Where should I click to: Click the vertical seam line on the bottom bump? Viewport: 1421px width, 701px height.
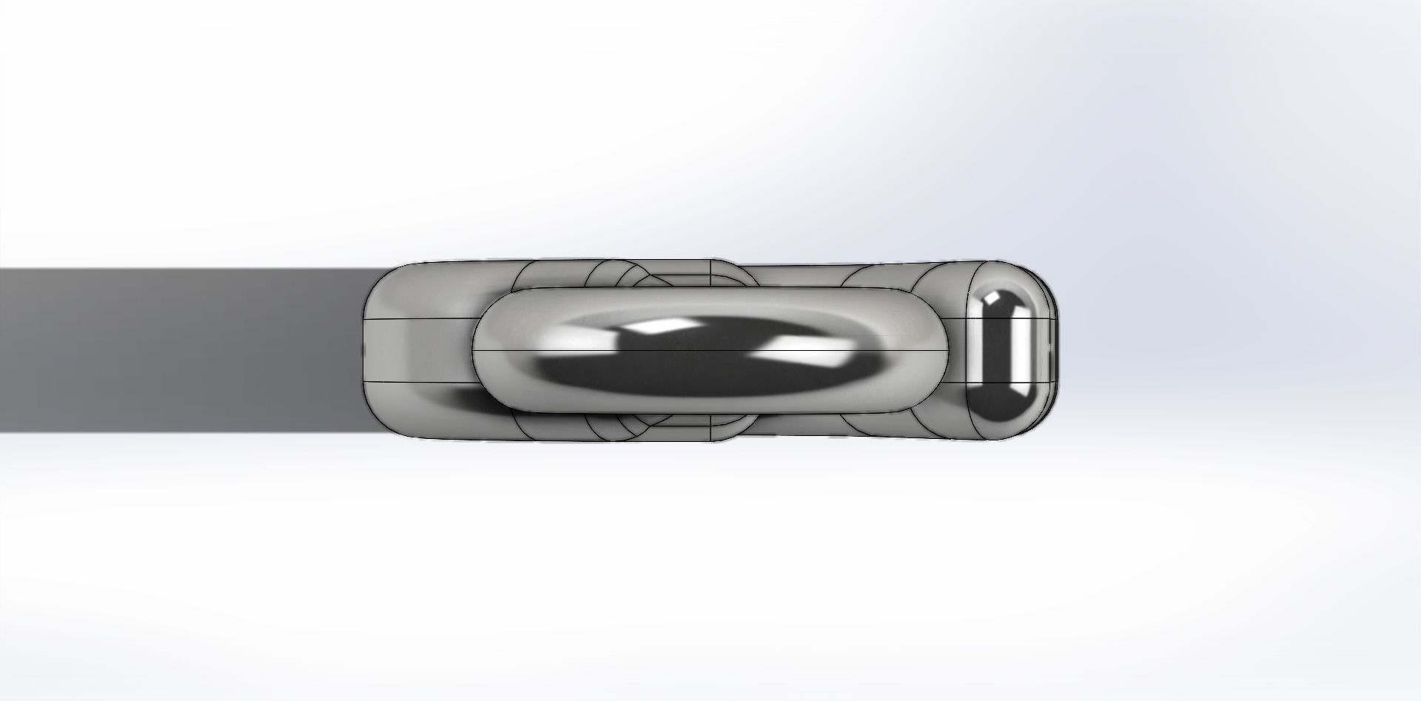pyautogui.click(x=711, y=429)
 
